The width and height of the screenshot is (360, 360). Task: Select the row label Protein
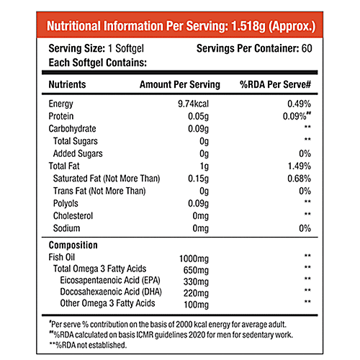point(62,116)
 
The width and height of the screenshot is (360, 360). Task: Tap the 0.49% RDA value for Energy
point(298,104)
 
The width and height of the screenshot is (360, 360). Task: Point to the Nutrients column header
point(68,84)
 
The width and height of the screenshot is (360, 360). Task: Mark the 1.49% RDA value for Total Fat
point(298,166)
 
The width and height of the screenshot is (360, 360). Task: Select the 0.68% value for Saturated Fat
point(298,178)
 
